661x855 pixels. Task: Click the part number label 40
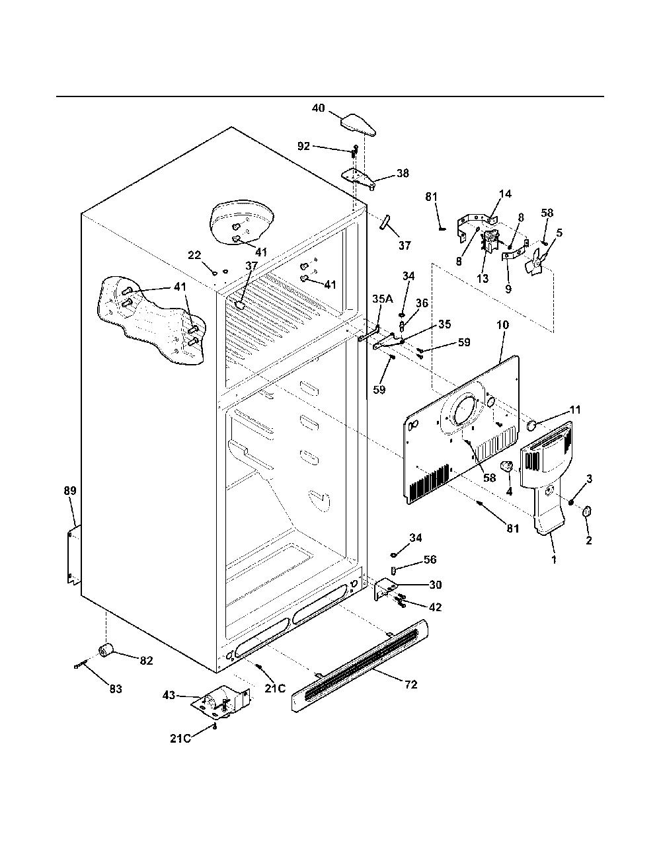click(x=319, y=108)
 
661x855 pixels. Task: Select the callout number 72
click(x=410, y=685)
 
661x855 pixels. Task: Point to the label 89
click(x=70, y=491)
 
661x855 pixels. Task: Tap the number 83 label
click(x=116, y=689)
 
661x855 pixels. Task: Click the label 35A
click(x=383, y=299)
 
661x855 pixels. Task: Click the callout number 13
click(x=483, y=278)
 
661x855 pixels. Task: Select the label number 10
click(x=502, y=325)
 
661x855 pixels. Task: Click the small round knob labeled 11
click(x=532, y=426)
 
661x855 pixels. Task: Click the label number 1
click(x=554, y=559)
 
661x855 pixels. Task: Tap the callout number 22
click(x=194, y=255)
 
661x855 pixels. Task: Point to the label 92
click(x=304, y=146)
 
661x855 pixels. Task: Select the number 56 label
click(x=430, y=559)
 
